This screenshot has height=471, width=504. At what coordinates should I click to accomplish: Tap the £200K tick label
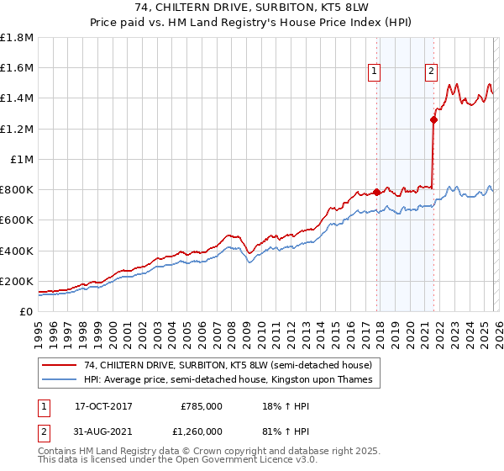[x=17, y=282]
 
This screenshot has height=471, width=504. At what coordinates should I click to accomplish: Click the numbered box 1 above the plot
[x=374, y=71]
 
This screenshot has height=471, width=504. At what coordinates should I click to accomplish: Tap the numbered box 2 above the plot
[x=432, y=71]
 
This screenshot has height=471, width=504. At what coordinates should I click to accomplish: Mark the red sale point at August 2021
[x=433, y=119]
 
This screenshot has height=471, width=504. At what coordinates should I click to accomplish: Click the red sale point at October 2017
[x=376, y=192]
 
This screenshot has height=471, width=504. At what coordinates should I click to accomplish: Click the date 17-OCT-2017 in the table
[x=103, y=406]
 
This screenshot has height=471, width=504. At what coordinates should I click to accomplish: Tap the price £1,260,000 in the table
[x=202, y=431]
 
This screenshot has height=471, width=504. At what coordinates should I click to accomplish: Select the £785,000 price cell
[x=202, y=406]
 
